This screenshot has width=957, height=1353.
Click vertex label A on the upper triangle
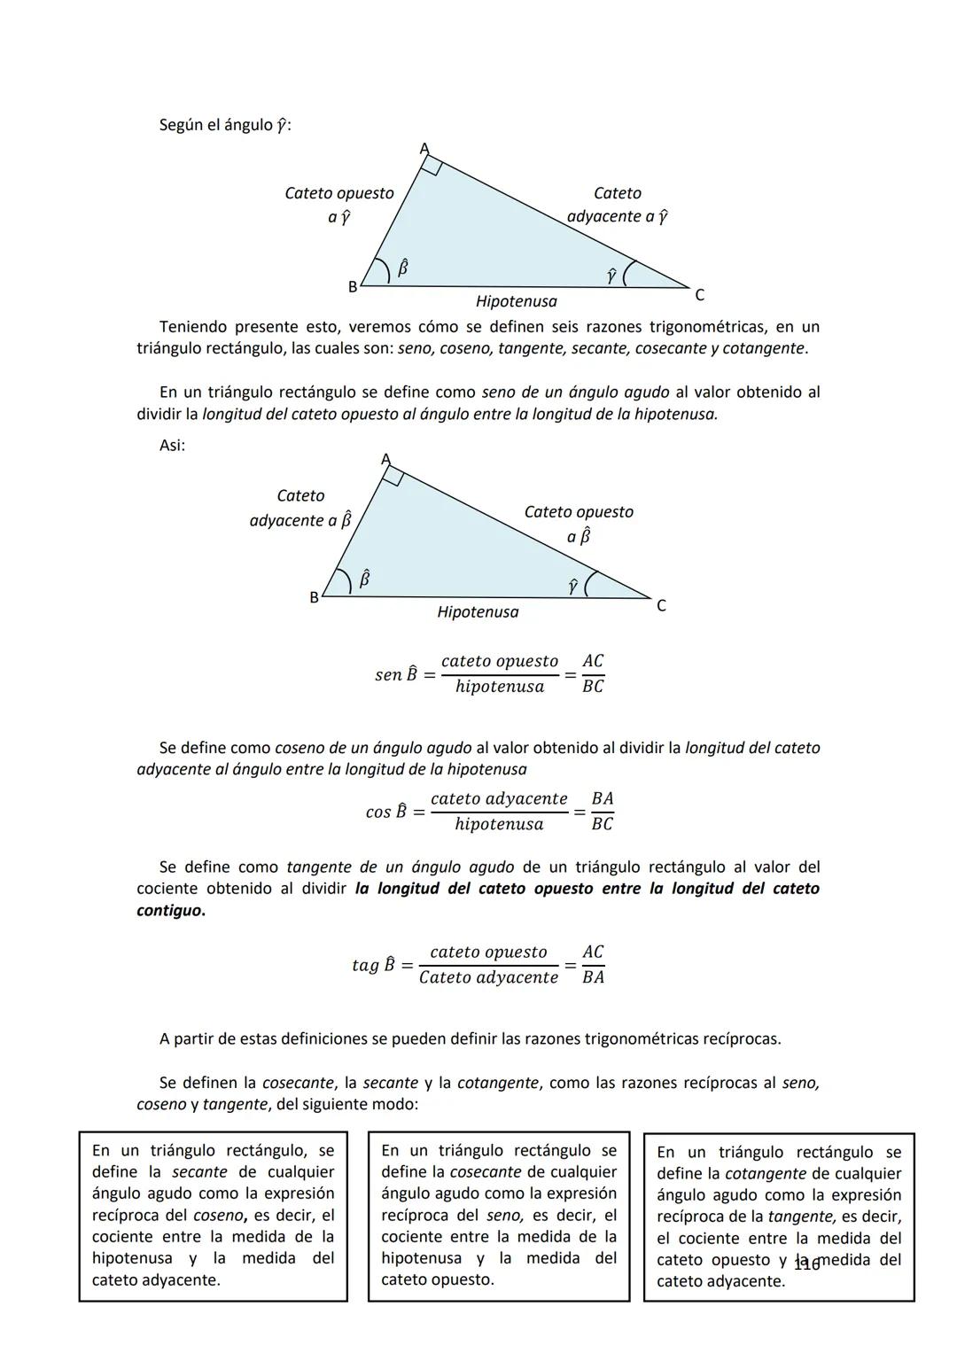tap(424, 148)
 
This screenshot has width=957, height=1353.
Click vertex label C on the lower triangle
tap(661, 606)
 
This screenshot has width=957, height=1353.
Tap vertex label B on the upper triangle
tap(352, 287)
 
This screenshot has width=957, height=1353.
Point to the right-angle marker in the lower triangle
tap(393, 476)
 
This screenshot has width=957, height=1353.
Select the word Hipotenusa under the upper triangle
tap(516, 302)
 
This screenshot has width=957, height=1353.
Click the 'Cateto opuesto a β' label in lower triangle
tap(579, 524)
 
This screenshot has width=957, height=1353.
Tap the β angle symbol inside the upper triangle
tap(402, 266)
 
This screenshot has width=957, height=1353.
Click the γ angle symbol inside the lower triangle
tap(573, 586)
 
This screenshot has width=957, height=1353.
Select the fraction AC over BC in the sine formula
tap(592, 674)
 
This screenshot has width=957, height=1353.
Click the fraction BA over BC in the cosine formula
tap(602, 812)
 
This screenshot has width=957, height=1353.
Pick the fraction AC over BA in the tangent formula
tap(593, 965)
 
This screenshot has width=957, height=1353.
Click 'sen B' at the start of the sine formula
tap(395, 675)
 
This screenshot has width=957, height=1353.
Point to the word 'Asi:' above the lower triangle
tap(172, 446)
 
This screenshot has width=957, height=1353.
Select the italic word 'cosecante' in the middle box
tap(486, 1172)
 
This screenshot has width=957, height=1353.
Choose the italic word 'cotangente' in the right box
tap(766, 1174)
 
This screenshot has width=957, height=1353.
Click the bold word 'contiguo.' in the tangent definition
tap(170, 911)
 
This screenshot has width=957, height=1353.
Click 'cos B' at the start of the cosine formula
tap(385, 813)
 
